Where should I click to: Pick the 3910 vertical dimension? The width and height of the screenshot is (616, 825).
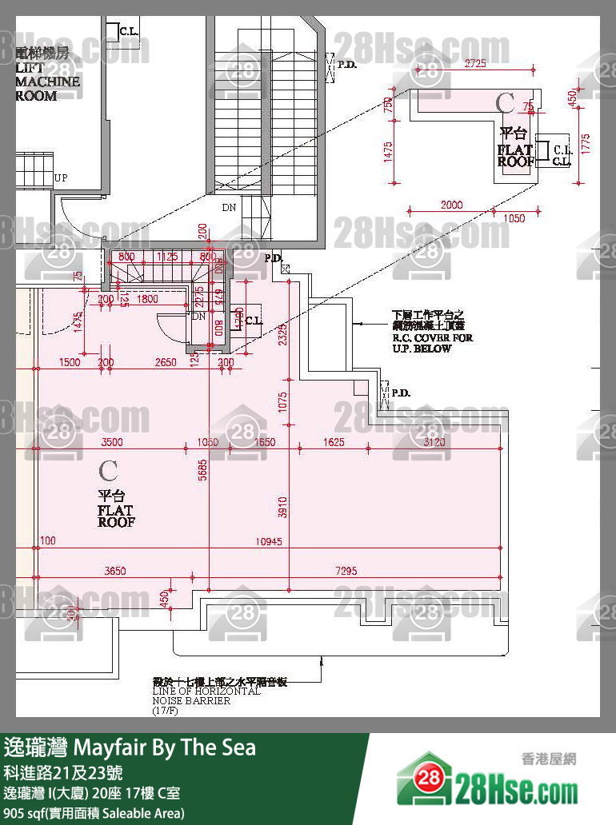point(282,505)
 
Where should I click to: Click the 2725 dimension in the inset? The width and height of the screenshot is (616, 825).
point(474,62)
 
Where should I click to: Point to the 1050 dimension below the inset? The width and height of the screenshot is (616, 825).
point(515,218)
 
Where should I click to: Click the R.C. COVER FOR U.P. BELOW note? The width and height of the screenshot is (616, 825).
point(432,331)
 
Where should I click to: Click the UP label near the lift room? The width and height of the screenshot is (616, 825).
point(60,177)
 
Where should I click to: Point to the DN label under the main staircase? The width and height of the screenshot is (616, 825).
point(230,207)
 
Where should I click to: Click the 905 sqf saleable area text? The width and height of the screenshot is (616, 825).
point(94,813)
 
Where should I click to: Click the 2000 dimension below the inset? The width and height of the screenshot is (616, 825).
point(451,205)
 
